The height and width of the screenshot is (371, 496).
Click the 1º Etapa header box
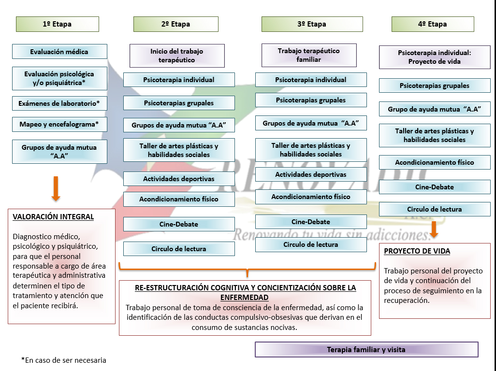coord(57,24)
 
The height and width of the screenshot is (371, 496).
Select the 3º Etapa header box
coord(312,24)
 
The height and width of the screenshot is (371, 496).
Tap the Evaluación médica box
coord(59,52)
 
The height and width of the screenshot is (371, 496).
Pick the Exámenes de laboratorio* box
coord(59,103)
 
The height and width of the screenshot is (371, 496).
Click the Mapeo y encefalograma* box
coord(59,124)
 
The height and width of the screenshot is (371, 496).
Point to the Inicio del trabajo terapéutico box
coord(177,56)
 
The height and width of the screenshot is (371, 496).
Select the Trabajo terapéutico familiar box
coord(309,55)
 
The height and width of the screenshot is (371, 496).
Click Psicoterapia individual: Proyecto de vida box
coord(435,57)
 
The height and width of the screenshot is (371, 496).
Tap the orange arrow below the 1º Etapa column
coord(56,189)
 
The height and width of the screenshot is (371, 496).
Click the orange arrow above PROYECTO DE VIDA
coord(434,229)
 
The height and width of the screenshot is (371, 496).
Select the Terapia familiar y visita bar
coord(366,350)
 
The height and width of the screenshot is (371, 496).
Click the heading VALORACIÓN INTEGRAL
coord(53,217)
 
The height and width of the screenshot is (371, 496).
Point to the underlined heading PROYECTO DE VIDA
coord(417,251)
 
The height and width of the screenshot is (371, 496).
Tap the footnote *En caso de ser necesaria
coord(64,360)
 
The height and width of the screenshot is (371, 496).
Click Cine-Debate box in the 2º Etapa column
coord(179,224)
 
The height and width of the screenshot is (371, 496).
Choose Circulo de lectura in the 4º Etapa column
coord(435,209)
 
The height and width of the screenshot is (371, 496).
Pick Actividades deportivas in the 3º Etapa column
coord(311,174)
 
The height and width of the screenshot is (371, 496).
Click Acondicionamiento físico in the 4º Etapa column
coord(435,162)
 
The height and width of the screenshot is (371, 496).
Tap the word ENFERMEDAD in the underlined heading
coord(244,298)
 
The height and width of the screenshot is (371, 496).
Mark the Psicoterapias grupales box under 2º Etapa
coord(179,103)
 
